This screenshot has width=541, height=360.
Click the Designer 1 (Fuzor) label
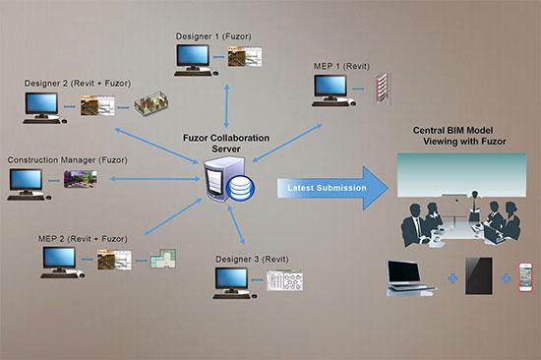213,35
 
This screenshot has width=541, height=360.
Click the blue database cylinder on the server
241,189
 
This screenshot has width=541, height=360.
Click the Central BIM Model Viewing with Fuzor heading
463,135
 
